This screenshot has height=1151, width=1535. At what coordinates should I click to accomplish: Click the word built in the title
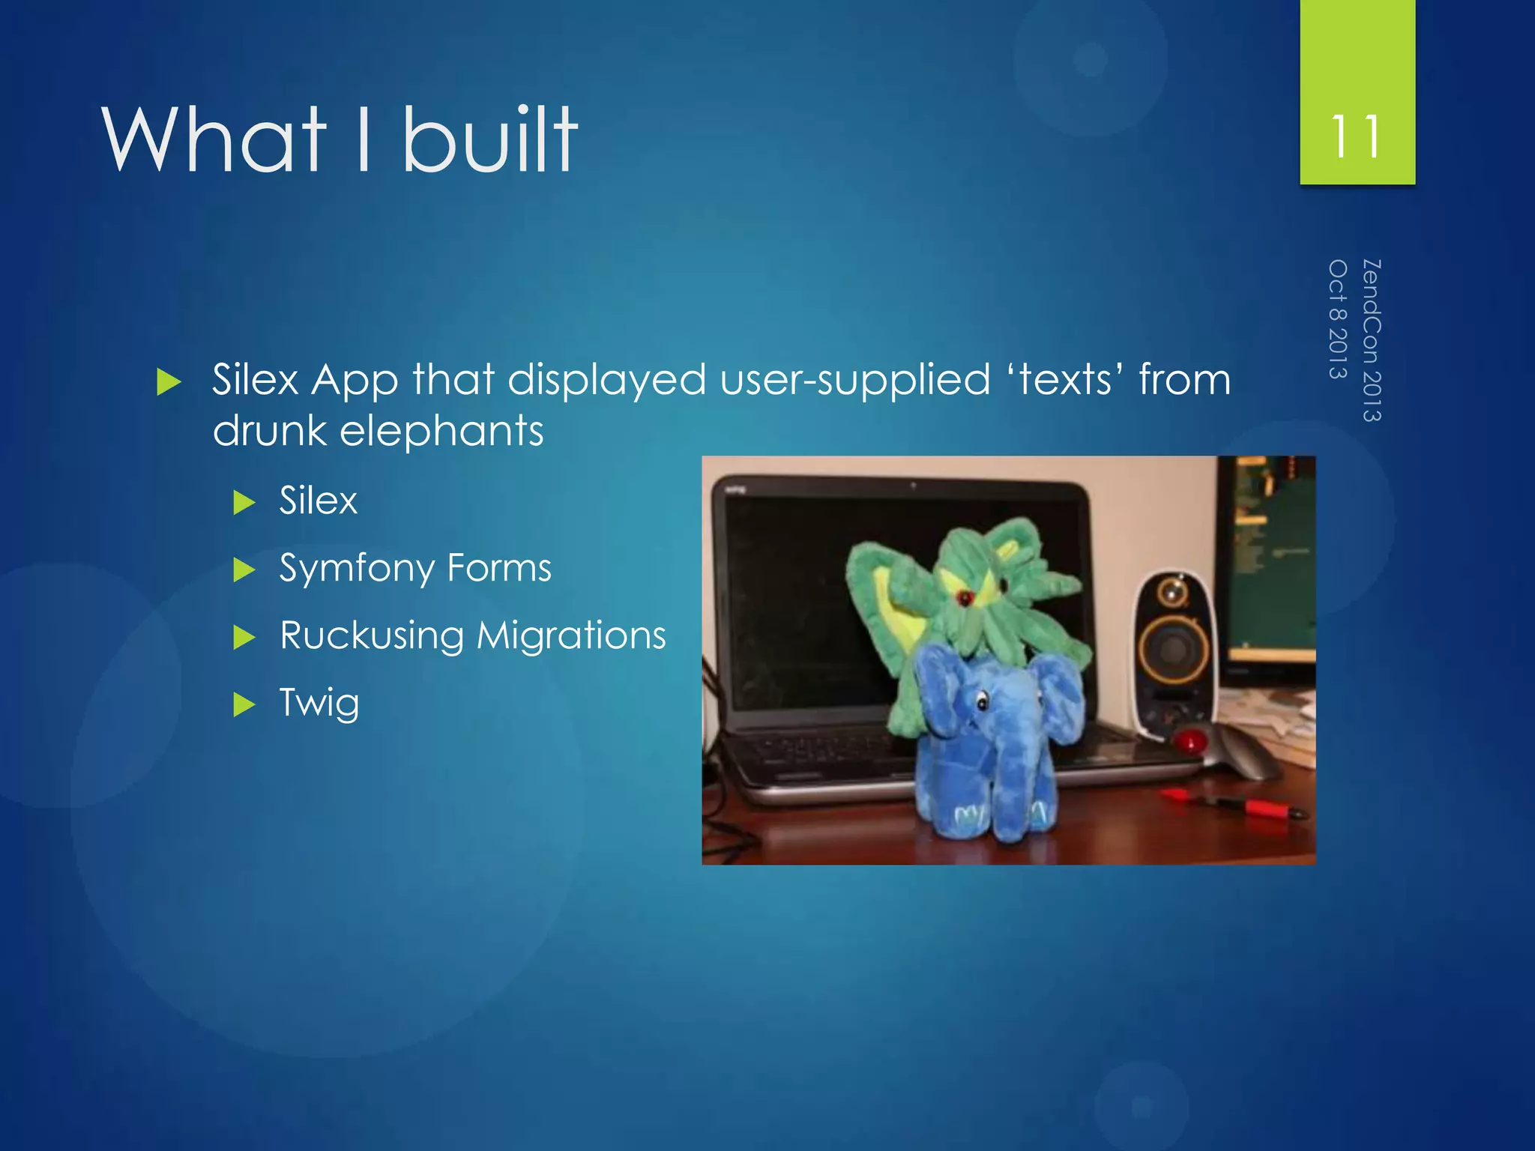point(490,139)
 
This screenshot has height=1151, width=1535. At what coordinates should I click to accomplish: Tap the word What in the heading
point(214,139)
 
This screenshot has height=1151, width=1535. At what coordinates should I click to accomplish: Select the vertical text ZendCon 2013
point(1371,340)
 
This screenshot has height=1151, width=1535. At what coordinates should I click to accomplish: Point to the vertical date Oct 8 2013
point(1338,319)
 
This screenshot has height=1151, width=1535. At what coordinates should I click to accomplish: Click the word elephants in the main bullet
point(441,432)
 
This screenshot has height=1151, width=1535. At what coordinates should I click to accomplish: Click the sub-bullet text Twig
point(319,703)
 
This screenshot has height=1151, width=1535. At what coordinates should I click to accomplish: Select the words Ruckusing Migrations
point(472,635)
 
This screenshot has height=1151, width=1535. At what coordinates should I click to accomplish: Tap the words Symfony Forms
point(415,568)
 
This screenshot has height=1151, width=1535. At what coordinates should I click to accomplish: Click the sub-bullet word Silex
point(319,501)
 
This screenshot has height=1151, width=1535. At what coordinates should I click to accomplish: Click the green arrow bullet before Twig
point(244,704)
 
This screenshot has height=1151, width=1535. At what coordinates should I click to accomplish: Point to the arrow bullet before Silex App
point(169,382)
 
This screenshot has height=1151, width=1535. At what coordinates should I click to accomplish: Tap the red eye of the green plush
point(964,597)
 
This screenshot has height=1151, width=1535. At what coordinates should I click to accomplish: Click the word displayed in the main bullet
point(606,379)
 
